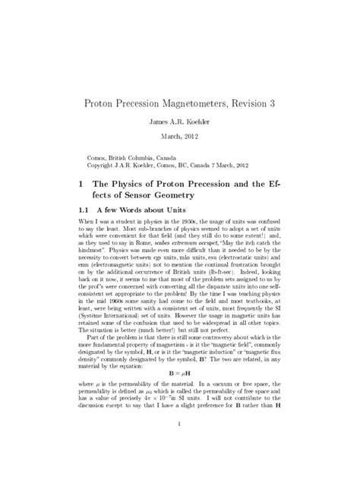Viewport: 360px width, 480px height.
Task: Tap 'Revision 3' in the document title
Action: point(259,103)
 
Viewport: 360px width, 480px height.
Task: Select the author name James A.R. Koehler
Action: point(180,121)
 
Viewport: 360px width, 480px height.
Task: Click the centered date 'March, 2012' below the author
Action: point(180,136)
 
